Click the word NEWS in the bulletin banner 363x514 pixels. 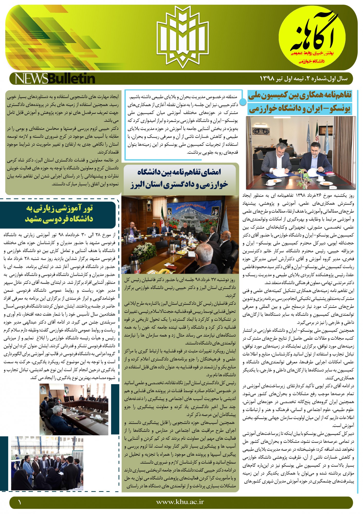click(31, 79)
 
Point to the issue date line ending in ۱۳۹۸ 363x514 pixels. click(303, 79)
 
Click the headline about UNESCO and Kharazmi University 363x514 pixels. click(300, 102)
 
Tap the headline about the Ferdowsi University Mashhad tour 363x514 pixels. click(59, 214)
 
